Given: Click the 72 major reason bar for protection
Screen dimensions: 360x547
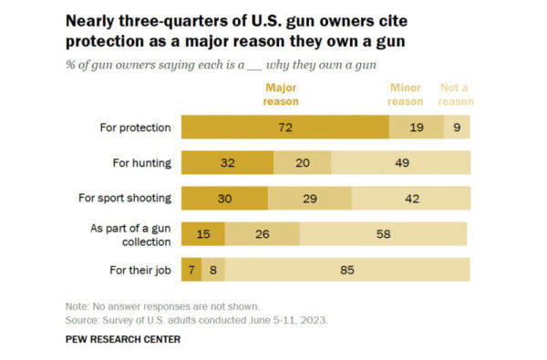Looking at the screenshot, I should point(284,128).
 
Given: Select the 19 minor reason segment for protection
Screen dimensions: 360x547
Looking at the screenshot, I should point(416,128).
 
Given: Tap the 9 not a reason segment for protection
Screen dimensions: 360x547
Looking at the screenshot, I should point(457,128).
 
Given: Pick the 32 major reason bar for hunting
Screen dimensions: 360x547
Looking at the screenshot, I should point(227,163).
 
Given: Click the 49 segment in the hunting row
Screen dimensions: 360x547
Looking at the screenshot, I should point(400,163).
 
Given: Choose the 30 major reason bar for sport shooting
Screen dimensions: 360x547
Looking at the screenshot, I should point(224,199).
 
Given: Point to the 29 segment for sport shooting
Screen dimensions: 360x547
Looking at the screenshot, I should point(309,199).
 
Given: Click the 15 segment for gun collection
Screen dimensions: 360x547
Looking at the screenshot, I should point(203,234).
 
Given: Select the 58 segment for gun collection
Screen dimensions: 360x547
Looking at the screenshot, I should point(383,234).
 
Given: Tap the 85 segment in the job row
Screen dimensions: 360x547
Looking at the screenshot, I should point(347,270).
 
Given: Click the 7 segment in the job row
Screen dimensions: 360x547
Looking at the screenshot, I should point(191,270).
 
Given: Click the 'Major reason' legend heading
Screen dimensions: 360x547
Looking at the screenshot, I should point(282,95).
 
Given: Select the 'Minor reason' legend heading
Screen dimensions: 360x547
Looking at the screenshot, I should point(406,95).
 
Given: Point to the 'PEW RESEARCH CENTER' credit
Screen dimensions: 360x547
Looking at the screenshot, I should point(123,339).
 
